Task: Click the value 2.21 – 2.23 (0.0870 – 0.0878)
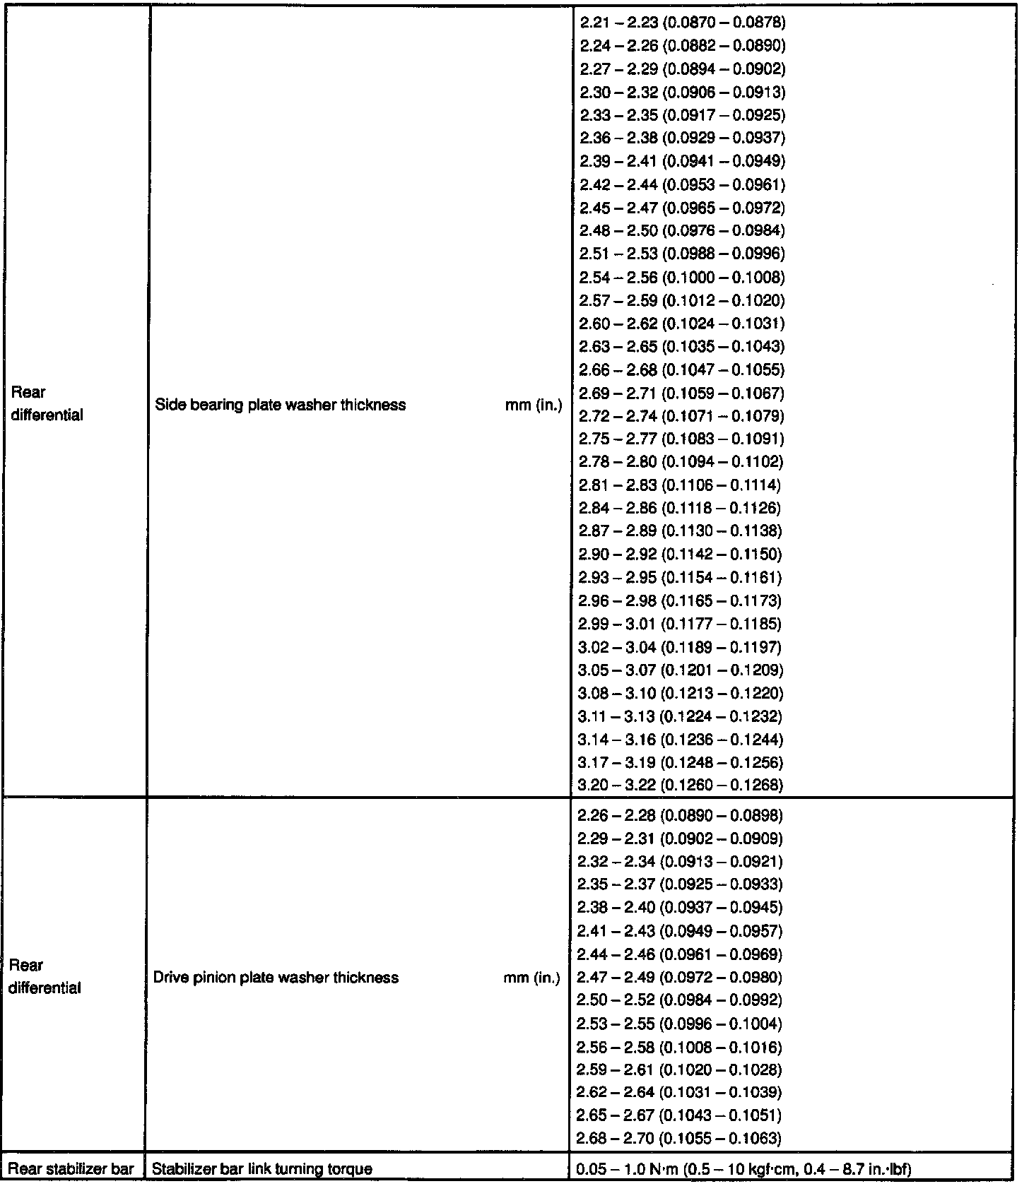pos(682,23)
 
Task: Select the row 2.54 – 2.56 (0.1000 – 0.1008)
pos(682,277)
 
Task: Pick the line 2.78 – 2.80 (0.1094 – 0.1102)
pos(681,462)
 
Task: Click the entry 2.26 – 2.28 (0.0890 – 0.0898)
pos(680,816)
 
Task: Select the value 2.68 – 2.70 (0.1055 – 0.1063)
pos(679,1138)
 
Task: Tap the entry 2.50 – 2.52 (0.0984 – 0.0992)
pos(679,1000)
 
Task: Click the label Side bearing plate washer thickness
pos(281,405)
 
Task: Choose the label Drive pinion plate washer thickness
pos(276,978)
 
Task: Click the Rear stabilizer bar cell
pos(71,1169)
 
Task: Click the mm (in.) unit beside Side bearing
pos(534,405)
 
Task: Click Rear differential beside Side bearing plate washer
pos(47,404)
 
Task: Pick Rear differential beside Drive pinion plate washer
pos(45,977)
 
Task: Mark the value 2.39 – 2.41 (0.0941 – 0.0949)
pos(682,161)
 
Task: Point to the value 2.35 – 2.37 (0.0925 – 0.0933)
pos(680,884)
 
